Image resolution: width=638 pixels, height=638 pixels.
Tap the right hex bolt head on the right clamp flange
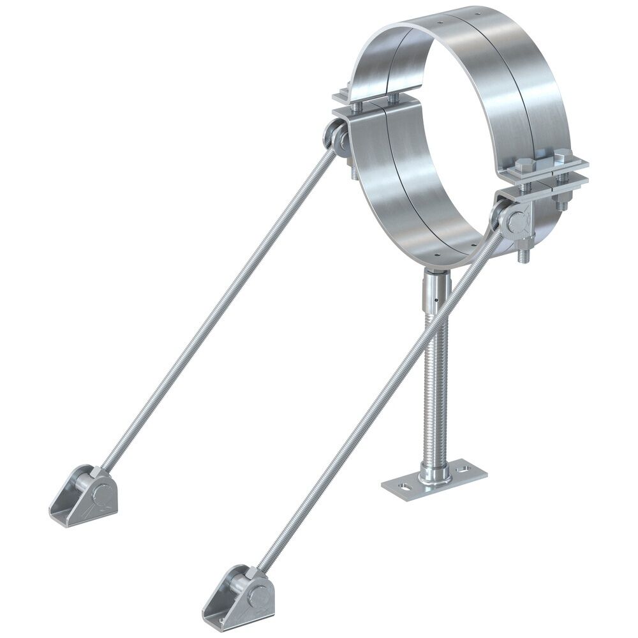(563, 156)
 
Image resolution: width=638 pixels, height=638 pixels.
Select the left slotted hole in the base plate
(400, 488)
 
